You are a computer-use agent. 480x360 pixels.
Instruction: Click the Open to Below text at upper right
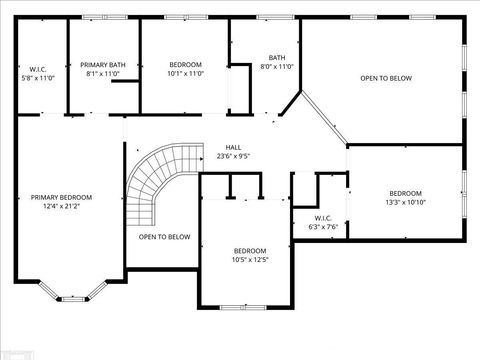(386, 77)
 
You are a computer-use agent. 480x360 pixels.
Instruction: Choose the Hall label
(233, 147)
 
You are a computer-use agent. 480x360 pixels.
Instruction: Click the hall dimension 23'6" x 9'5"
(233, 156)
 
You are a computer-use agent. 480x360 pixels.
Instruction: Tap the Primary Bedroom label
(62, 197)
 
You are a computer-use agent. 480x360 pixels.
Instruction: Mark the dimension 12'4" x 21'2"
(62, 207)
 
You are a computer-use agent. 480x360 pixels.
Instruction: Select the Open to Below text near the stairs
(164, 237)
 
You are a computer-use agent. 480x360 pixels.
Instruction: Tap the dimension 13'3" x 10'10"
(405, 203)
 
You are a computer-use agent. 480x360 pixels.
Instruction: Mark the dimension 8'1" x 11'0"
(103, 73)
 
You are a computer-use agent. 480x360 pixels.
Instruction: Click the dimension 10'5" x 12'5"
(250, 260)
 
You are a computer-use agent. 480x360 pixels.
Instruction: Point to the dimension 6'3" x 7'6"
(323, 227)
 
